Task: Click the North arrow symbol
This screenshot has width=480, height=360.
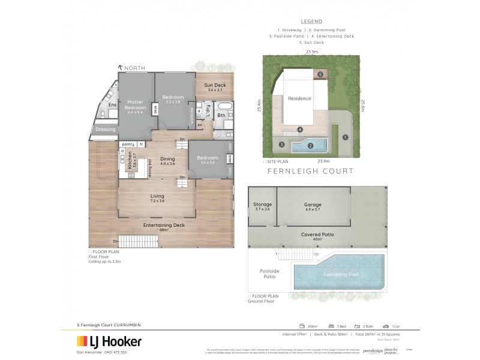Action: pyautogui.click(x=121, y=68)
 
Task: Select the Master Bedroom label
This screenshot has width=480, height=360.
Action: pyautogui.click(x=135, y=106)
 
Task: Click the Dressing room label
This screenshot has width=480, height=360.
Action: pyautogui.click(x=105, y=128)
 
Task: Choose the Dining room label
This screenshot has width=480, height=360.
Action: pyautogui.click(x=167, y=159)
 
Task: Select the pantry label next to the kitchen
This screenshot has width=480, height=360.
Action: pyautogui.click(x=128, y=145)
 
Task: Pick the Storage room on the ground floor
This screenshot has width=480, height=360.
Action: pyautogui.click(x=262, y=207)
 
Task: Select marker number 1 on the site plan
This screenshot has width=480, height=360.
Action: pyautogui.click(x=345, y=137)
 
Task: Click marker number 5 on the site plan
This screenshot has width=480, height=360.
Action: pyautogui.click(x=320, y=74)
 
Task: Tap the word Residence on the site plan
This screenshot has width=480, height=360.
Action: pyautogui.click(x=299, y=98)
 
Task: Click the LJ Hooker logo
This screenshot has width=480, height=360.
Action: pyautogui.click(x=109, y=341)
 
